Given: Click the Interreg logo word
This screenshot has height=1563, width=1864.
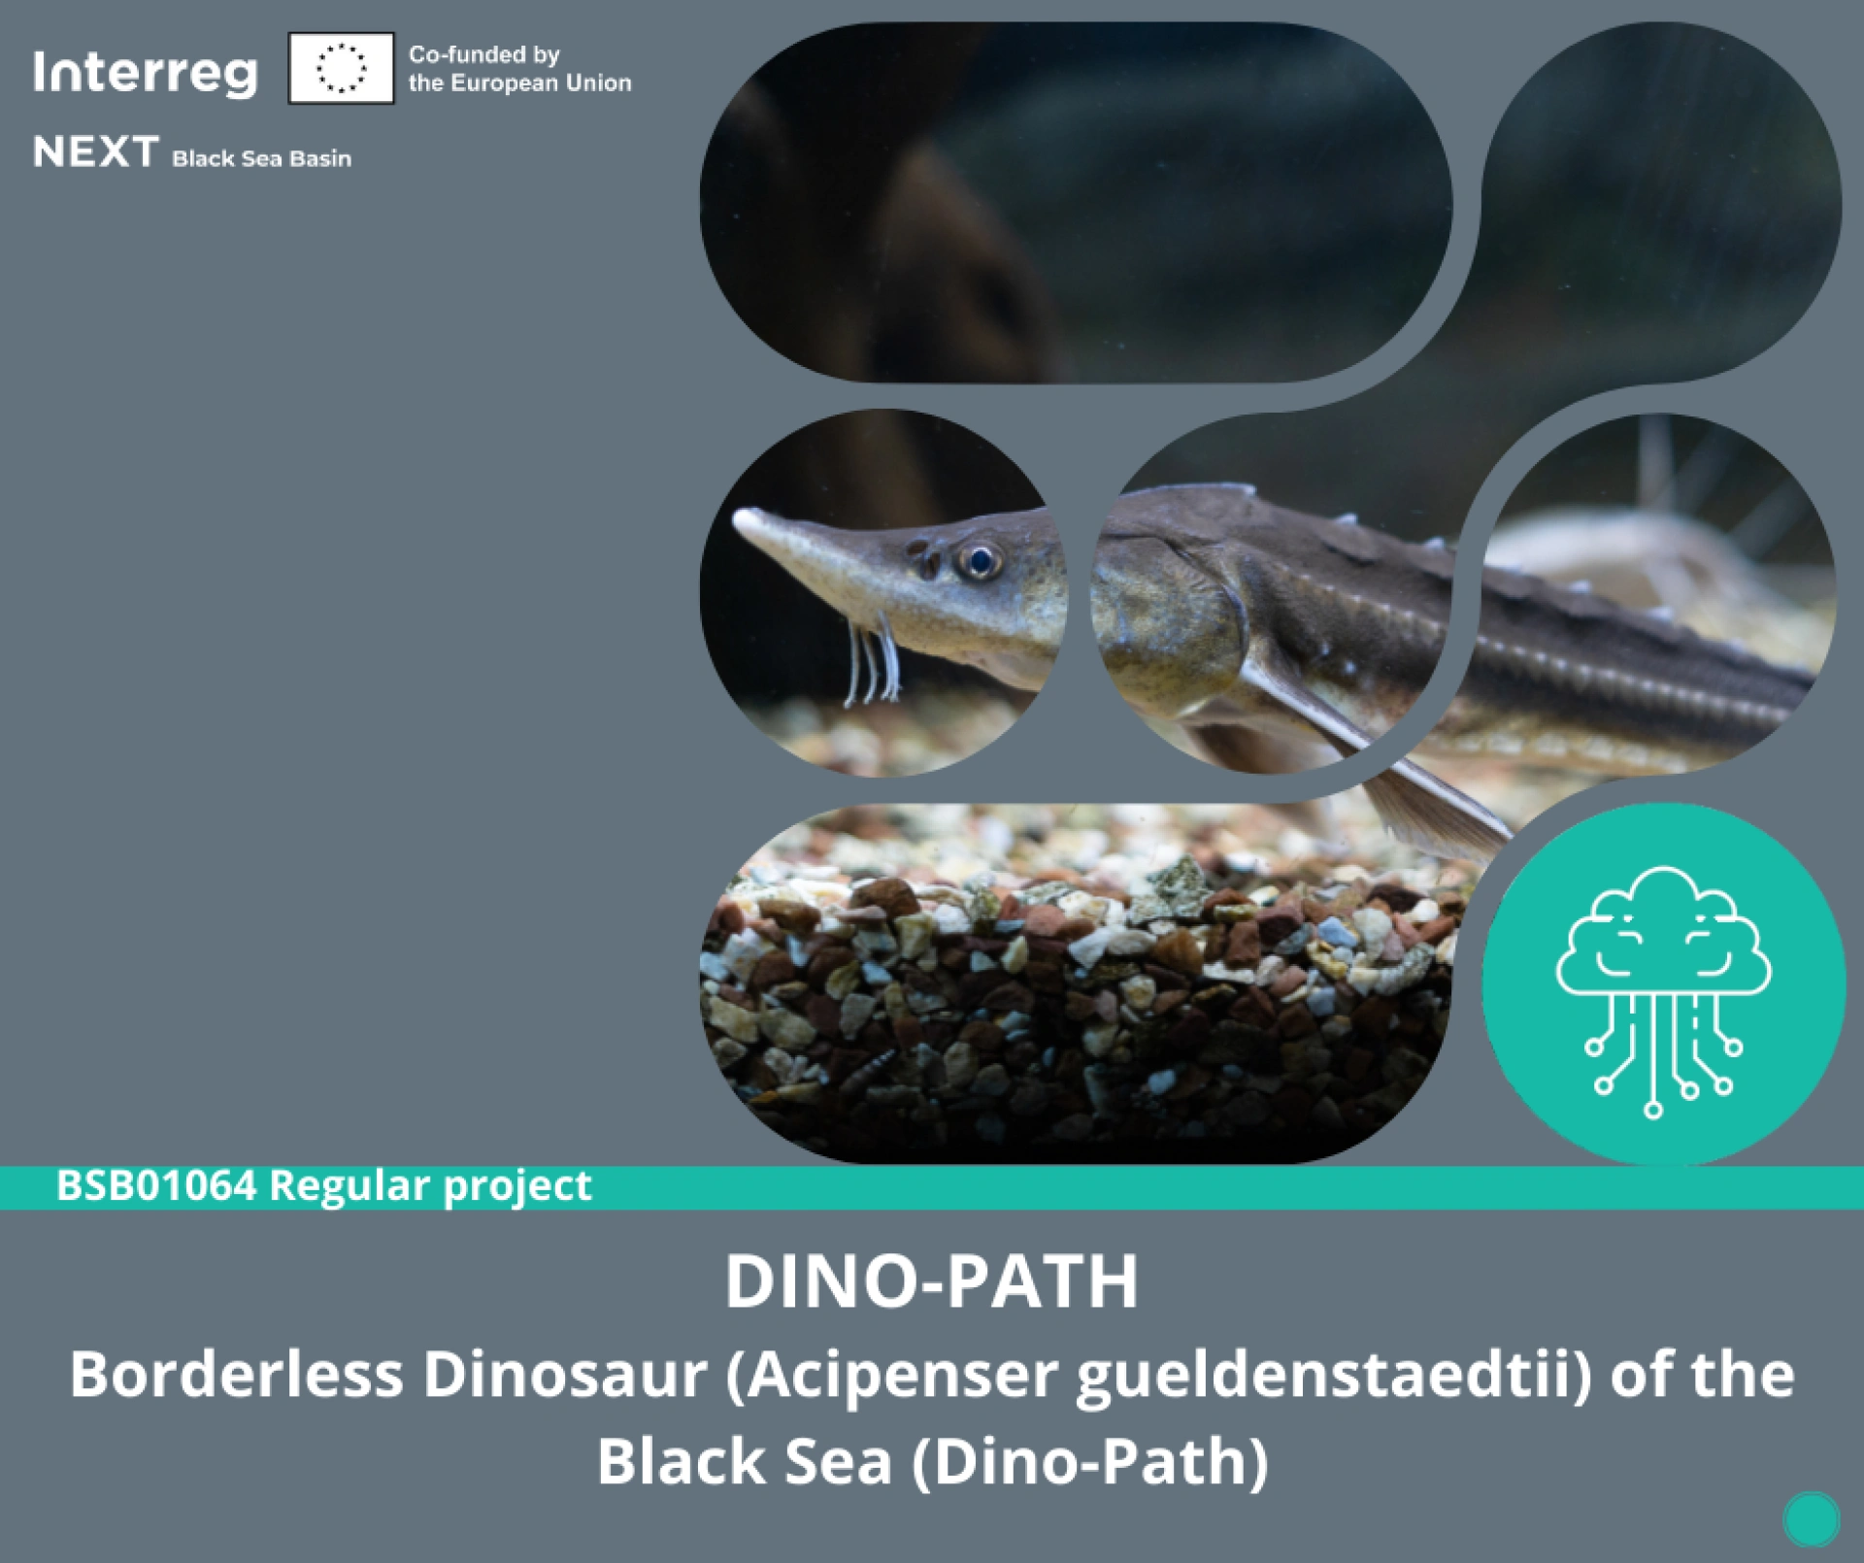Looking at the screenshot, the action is coord(146,73).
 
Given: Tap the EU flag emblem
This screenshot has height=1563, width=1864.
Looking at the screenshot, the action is coord(341,68).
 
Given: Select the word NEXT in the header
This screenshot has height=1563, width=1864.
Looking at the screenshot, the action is coord(96,152).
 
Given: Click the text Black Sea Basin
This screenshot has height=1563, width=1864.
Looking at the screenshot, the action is coord(262,158).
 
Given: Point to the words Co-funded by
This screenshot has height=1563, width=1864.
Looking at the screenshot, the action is coord(484,54).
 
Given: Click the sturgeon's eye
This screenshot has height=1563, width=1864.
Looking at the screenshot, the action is coord(979,560).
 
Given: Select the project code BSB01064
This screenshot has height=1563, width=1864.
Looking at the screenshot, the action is coord(156,1186).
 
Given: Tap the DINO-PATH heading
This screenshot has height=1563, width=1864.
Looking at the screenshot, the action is coord(932,1282).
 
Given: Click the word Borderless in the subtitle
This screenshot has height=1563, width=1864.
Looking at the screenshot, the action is coord(236,1375).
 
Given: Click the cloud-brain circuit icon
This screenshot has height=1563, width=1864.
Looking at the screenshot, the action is coord(1663,990).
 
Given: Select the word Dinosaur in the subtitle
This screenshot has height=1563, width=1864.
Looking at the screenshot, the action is coord(564,1375).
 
